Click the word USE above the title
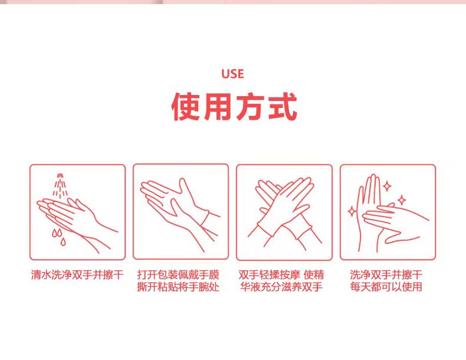(x=232, y=74)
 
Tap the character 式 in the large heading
(x=283, y=106)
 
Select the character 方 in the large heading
(x=250, y=106)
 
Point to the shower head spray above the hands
(x=60, y=185)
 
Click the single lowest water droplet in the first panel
(x=63, y=242)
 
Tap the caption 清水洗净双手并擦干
(x=77, y=274)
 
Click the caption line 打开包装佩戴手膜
(x=178, y=274)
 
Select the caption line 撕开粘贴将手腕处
(x=178, y=287)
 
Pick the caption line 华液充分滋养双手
(x=281, y=287)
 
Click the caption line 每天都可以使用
(x=386, y=287)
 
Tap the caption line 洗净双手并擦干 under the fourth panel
(x=386, y=274)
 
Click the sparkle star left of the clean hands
(x=352, y=211)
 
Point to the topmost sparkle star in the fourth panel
(x=387, y=186)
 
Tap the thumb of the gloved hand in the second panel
(x=183, y=186)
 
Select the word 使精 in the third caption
(x=314, y=274)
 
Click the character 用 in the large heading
(x=218, y=106)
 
